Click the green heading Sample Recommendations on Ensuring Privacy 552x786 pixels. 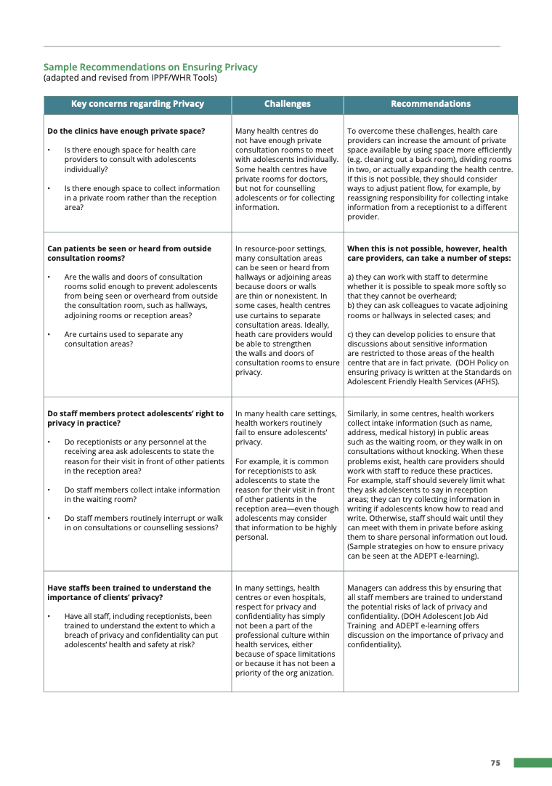pos(150,67)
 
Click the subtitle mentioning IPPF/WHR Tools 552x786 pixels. pos(130,78)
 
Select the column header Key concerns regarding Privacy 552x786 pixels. pos(137,104)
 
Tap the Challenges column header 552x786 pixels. pos(287,104)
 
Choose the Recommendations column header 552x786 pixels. pos(430,104)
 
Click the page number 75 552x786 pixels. pos(495,763)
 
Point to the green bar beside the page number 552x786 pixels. pos(532,763)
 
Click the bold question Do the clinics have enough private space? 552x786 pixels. pos(126,131)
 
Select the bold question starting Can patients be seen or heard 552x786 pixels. pos(129,254)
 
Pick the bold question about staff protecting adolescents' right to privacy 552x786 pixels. pos(135,418)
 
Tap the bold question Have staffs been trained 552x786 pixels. pos(129,593)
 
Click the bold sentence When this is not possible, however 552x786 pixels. pos(428,254)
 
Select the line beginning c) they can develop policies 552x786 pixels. pos(421,334)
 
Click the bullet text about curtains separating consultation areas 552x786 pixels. pos(123,339)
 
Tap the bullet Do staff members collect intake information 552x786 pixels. pos(142,494)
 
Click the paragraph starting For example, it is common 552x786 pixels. pos(286,499)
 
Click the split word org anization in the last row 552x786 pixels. pos(307,673)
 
